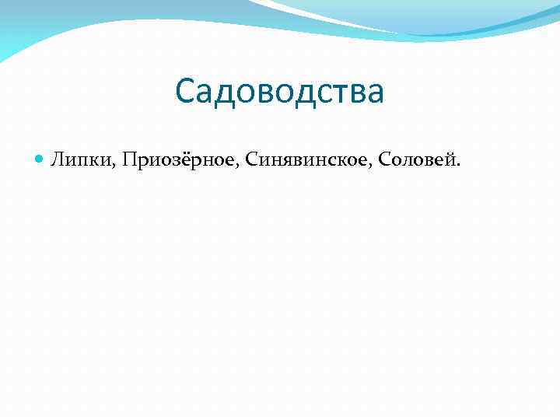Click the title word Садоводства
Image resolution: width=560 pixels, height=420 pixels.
[280, 92]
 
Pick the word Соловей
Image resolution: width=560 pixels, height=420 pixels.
[417, 160]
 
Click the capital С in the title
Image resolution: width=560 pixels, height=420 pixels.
[185, 92]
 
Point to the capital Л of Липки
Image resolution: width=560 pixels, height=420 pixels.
[58, 160]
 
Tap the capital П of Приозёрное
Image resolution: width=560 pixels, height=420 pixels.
[129, 160]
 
